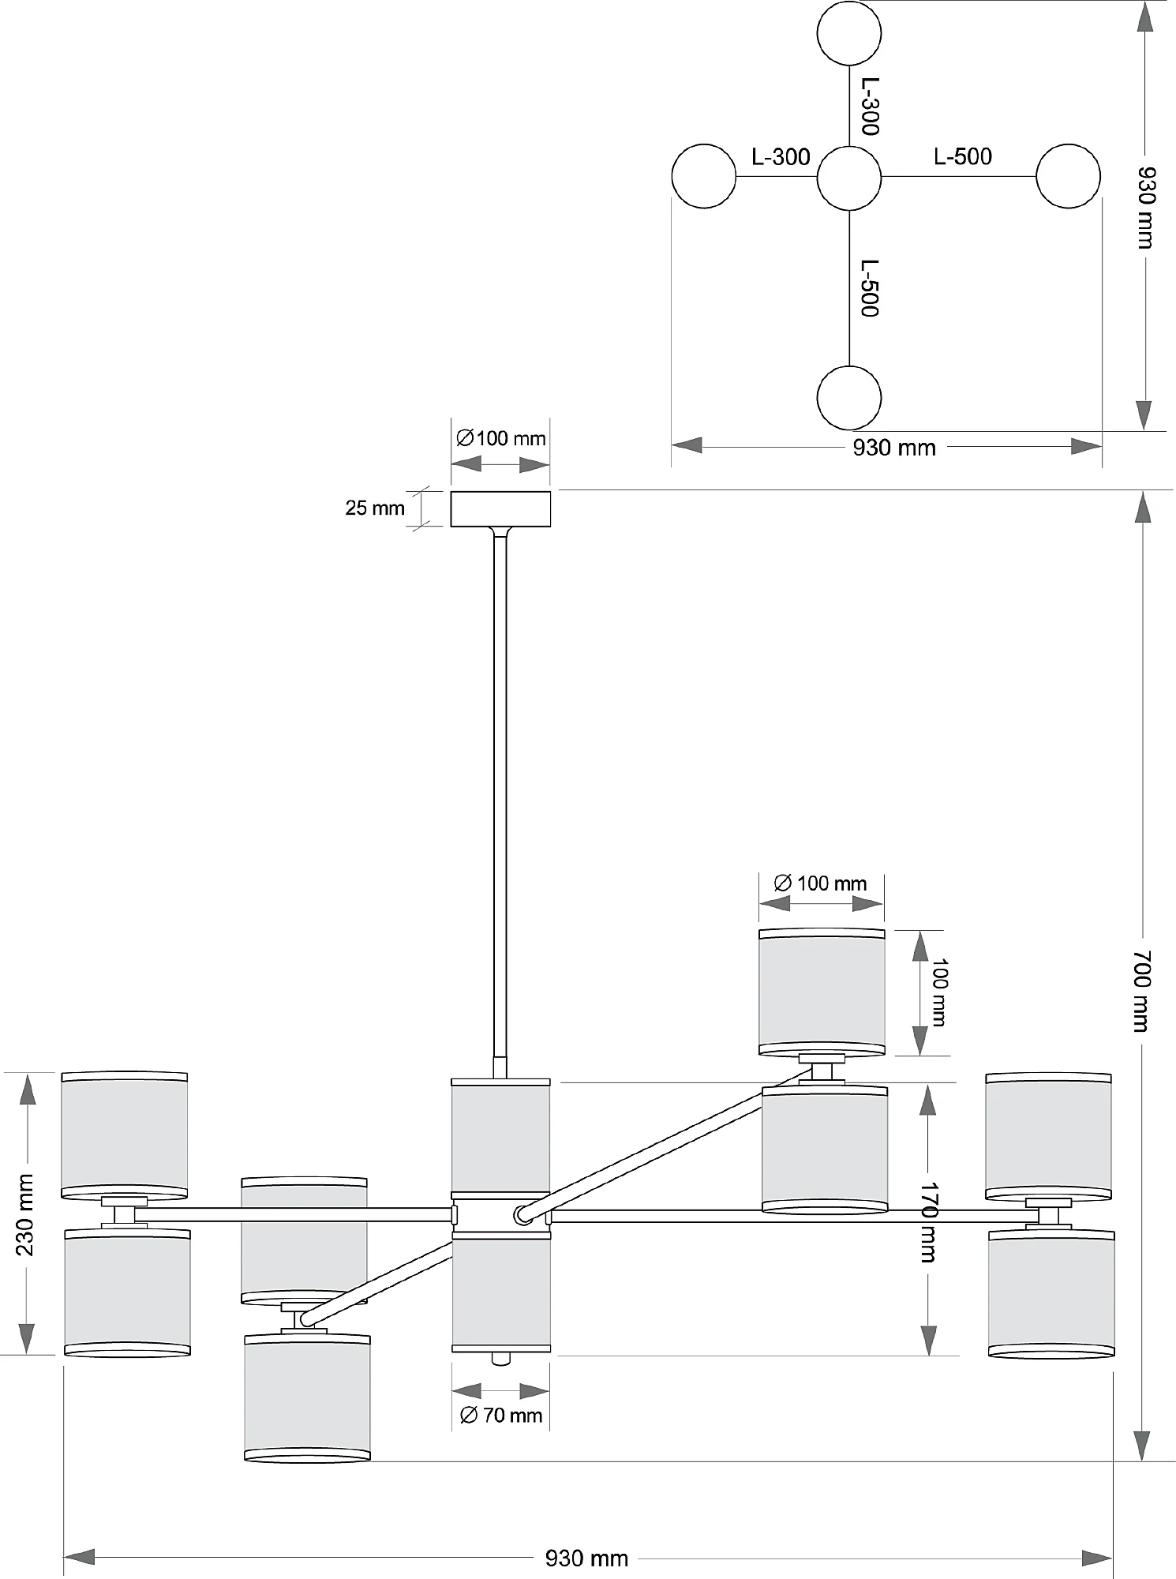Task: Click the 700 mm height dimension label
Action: (1142, 990)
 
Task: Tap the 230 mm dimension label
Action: (25, 1214)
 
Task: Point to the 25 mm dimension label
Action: (374, 508)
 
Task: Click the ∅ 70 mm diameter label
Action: (501, 1415)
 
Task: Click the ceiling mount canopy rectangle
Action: (500, 508)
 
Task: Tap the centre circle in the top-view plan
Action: (848, 177)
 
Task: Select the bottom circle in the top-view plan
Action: (848, 398)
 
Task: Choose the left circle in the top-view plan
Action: (703, 176)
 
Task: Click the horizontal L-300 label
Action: (781, 157)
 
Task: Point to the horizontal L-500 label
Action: (962, 156)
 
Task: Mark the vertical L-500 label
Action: (870, 288)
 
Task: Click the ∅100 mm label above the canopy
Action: (501, 438)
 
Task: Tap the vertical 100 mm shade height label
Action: (939, 992)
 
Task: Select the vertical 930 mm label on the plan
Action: (1145, 207)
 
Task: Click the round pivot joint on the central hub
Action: (522, 1215)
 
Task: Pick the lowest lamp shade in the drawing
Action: (307, 1398)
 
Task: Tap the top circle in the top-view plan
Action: (848, 33)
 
